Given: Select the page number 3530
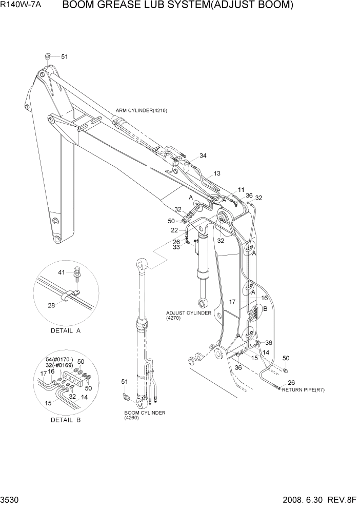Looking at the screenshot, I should [11, 499].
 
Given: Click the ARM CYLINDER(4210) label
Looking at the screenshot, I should [142, 110].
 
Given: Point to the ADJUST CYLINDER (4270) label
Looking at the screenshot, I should [188, 315].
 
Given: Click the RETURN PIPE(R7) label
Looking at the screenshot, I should [303, 389].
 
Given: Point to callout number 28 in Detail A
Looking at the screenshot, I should [51, 306].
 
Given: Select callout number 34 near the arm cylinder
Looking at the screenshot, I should [203, 156].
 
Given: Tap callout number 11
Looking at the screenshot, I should [241, 190].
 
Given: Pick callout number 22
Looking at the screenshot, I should [175, 230].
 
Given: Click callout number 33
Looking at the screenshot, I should [176, 247].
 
